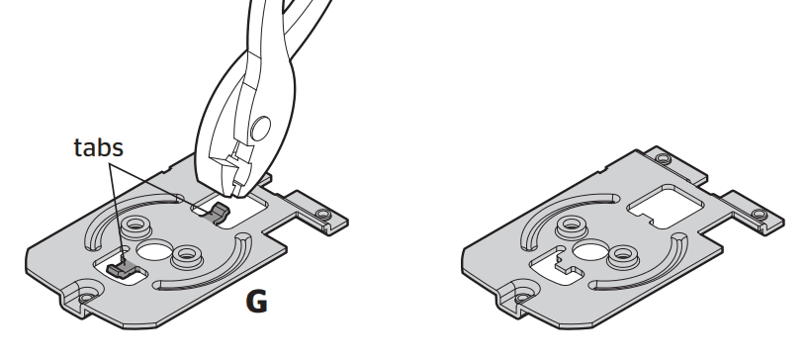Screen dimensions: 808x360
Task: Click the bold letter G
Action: [256, 302]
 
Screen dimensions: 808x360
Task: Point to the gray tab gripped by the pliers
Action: [220, 210]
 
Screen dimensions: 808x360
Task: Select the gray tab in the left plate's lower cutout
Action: [122, 265]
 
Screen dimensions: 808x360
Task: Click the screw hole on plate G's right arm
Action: [322, 215]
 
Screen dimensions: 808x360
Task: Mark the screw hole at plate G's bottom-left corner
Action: [87, 293]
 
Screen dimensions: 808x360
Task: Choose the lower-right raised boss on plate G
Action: [184, 258]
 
